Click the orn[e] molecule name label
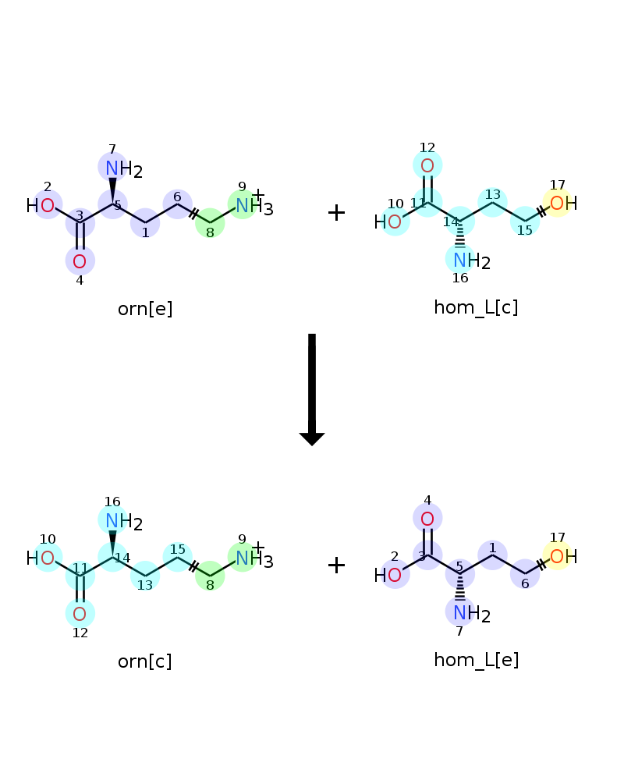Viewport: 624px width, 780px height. [145, 309]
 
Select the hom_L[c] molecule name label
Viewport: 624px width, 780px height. [476, 307]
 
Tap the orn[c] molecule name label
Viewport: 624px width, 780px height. [145, 661]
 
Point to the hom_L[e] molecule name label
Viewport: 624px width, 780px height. [477, 660]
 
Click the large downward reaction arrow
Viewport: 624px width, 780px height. [312, 389]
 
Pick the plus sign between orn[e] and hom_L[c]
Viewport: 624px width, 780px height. [336, 212]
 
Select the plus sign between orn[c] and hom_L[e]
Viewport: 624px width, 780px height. [336, 565]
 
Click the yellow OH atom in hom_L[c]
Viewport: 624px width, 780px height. [563, 203]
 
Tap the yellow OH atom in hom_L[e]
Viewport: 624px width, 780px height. [563, 556]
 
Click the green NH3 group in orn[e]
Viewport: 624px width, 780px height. [253, 205]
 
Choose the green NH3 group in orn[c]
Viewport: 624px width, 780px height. [253, 558]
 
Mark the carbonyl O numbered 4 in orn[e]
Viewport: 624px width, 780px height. [80, 261]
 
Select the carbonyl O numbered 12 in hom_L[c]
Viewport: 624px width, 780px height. [427, 165]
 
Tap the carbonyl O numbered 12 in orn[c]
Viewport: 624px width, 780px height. [80, 614]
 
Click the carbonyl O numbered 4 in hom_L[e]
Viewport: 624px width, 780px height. [427, 519]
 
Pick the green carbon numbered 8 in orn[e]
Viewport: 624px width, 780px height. [210, 223]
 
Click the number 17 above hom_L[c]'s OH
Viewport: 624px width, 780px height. [558, 185]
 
